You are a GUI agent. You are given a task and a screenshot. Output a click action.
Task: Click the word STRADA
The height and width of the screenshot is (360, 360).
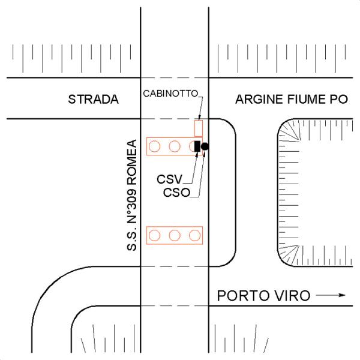tap(94, 99)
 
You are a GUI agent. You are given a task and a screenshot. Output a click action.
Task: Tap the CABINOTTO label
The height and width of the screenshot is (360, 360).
tap(170, 94)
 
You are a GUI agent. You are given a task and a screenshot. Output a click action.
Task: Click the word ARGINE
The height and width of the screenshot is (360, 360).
tap(258, 99)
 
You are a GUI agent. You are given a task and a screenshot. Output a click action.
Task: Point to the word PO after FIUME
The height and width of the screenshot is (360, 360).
tap(340, 99)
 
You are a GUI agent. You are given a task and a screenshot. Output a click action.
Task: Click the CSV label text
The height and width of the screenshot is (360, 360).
tap(170, 179)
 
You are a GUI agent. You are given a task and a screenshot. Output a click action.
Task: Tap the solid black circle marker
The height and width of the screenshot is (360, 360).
tap(205, 146)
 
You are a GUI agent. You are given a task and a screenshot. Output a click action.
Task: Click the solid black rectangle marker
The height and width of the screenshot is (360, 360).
tap(197, 146)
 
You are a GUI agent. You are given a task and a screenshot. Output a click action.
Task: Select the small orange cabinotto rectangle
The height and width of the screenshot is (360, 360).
tap(199, 128)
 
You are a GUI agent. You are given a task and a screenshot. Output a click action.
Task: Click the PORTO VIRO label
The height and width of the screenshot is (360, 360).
tap(264, 295)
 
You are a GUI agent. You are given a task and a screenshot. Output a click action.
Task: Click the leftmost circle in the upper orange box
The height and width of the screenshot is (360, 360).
tap(155, 146)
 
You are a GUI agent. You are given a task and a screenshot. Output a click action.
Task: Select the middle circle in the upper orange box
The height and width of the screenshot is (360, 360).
tap(175, 146)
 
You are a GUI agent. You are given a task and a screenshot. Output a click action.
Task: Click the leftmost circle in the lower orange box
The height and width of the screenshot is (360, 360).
tap(155, 235)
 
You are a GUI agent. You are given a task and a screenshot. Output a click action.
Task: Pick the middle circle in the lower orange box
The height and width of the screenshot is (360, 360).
tap(175, 235)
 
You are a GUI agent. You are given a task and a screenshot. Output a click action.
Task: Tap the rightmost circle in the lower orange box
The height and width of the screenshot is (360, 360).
tap(194, 235)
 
